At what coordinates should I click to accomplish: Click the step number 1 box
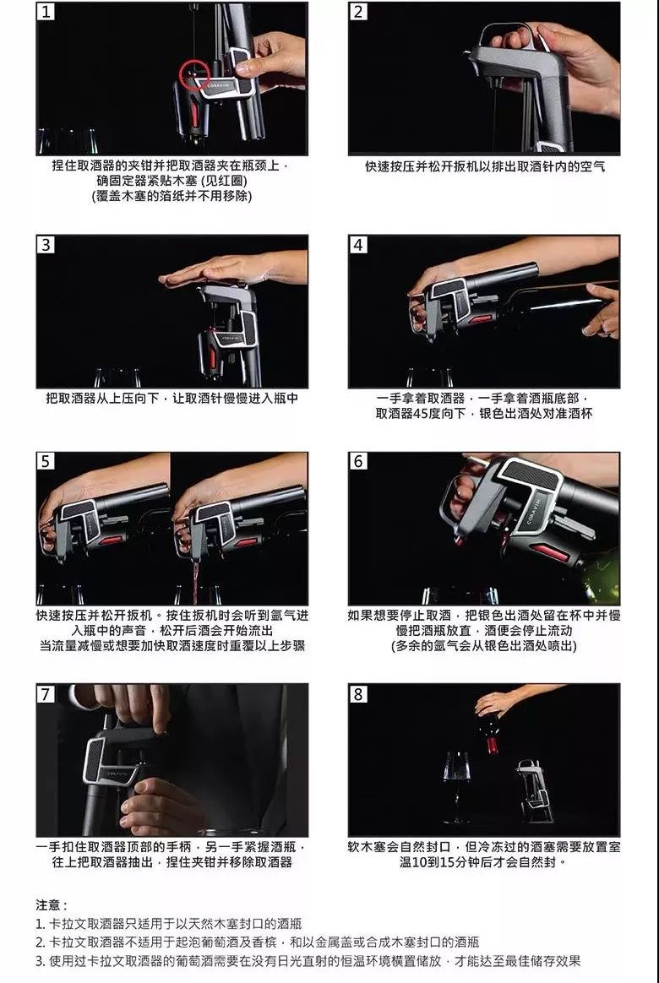[45, 12]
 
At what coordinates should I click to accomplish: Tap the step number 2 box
[358, 12]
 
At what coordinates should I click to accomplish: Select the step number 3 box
[45, 244]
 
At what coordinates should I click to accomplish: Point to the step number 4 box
[358, 244]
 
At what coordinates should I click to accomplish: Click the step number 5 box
[45, 461]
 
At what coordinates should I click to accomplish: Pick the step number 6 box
[358, 461]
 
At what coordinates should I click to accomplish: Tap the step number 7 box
[45, 694]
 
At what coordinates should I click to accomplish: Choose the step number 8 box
[358, 694]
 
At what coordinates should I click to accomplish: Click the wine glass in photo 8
[457, 787]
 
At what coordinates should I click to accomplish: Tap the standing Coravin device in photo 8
[534, 790]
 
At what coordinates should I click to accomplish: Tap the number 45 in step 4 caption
[422, 413]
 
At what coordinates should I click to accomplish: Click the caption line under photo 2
[485, 166]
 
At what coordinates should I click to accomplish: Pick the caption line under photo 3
[172, 398]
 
